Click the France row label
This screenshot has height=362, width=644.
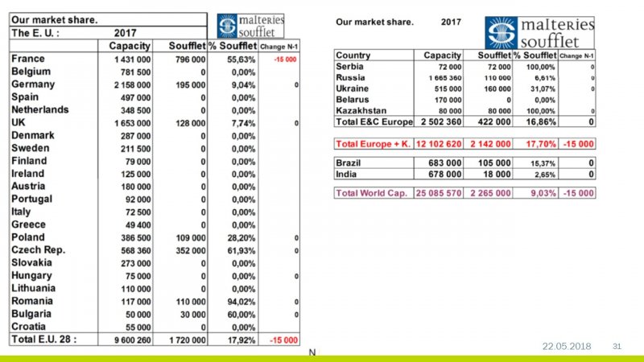coord(28,59)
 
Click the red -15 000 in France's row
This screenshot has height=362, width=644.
coord(284,60)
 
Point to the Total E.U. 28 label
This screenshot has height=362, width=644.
coord(43,339)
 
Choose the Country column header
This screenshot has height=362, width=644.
coord(353,55)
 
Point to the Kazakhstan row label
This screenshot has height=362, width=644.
coord(361,110)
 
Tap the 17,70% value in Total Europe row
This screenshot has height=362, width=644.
coord(536,143)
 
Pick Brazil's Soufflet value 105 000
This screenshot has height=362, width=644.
coord(493,162)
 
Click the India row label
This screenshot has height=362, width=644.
coord(347,174)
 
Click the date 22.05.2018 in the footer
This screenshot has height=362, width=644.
coord(566,346)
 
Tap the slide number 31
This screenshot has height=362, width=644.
coord(618,346)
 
